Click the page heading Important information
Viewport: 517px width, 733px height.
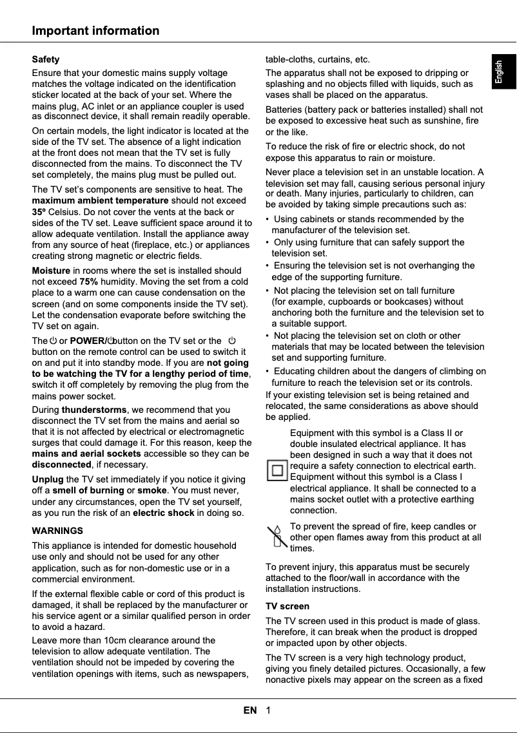coord(95,31)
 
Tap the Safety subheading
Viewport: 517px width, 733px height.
coord(46,59)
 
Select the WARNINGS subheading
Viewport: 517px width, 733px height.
coord(57,531)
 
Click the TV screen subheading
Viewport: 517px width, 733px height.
coord(288,606)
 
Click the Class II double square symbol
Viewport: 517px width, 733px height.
coord(277,471)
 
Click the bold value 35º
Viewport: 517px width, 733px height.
coord(39,211)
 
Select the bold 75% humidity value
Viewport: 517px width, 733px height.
coord(89,281)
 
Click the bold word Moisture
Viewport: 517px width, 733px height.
coord(51,271)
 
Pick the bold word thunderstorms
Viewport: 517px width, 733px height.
coord(94,410)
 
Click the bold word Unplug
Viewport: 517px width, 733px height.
coord(48,479)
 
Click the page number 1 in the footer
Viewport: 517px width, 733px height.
coord(268,710)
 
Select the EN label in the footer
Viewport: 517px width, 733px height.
coord(250,710)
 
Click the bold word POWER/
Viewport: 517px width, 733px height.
coord(88,341)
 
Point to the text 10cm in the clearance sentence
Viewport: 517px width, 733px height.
coord(117,640)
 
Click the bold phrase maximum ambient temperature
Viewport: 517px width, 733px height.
coord(100,200)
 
